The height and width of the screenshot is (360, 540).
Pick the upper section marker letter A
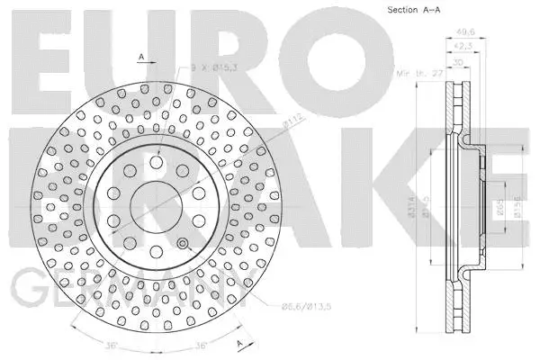pos(141,58)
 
